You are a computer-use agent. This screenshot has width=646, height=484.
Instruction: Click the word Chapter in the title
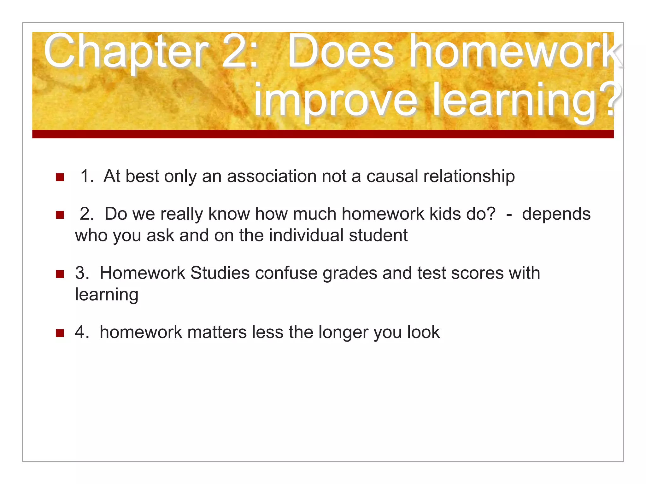(126, 52)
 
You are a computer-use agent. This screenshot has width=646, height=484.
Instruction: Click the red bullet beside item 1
(60, 177)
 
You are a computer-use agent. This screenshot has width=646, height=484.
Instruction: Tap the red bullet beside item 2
(60, 215)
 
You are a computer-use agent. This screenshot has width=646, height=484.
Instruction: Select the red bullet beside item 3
(60, 274)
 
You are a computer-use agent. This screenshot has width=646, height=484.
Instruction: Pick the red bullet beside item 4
(60, 333)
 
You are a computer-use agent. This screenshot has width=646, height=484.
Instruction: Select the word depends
(556, 214)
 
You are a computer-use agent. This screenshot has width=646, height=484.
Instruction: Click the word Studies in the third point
(220, 273)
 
